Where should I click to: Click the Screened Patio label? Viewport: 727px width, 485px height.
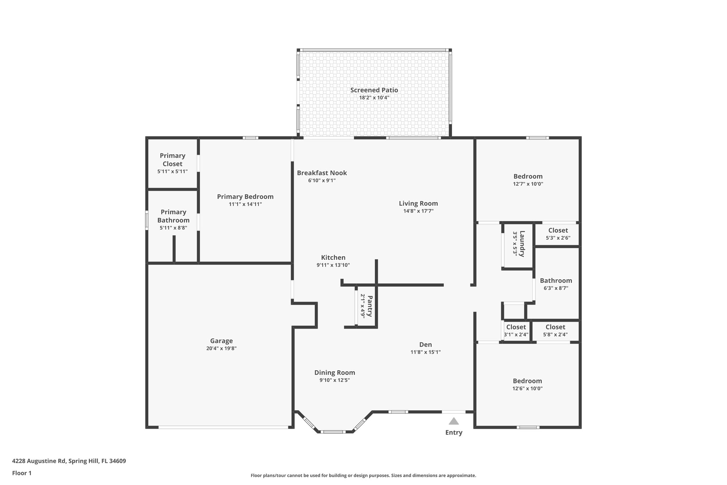(x=374, y=90)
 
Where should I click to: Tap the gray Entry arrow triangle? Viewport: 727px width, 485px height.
(x=454, y=421)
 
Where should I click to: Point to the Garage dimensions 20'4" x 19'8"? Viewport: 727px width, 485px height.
(x=221, y=349)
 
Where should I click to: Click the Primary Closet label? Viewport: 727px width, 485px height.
(x=173, y=160)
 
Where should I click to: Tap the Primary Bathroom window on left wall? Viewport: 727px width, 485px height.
(x=147, y=220)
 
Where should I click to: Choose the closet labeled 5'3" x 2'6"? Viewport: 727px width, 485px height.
(x=558, y=234)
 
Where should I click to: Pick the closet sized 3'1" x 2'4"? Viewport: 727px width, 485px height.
(x=516, y=331)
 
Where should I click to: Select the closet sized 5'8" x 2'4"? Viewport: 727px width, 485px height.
(x=555, y=331)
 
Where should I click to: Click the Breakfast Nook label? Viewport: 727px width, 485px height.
(x=322, y=173)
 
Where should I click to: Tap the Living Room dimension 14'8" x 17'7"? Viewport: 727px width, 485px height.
(x=418, y=211)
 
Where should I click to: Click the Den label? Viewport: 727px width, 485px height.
(x=425, y=345)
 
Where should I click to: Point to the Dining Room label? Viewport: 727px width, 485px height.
(x=334, y=373)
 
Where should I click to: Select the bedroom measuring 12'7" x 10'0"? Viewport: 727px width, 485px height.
(x=528, y=180)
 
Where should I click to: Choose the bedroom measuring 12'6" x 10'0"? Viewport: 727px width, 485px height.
(x=527, y=384)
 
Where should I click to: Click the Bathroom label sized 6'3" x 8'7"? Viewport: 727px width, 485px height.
(x=556, y=281)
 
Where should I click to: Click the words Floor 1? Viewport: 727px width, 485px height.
(x=22, y=473)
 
